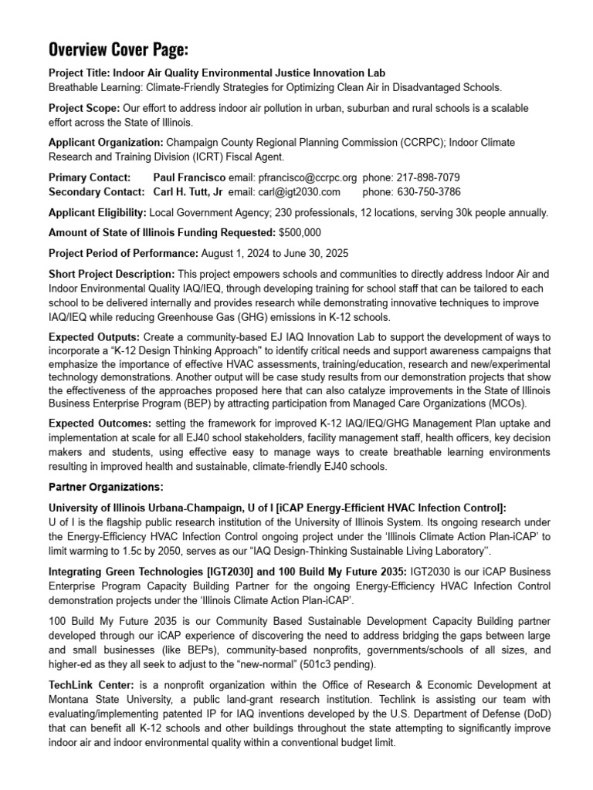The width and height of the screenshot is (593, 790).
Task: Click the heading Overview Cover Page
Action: click(x=118, y=51)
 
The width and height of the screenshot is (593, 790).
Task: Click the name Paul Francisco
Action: click(x=189, y=177)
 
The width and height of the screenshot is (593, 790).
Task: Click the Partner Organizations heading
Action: click(x=106, y=487)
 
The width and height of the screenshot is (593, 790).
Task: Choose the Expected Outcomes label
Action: click(x=100, y=424)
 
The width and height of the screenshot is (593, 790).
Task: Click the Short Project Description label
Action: click(x=111, y=274)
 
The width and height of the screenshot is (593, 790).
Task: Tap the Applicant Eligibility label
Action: click(x=97, y=211)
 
